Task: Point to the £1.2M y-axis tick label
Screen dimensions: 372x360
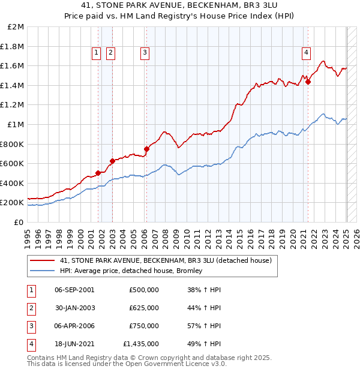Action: click(13, 105)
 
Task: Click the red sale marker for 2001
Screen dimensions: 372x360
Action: click(98, 173)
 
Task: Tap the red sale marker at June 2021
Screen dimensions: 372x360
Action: click(308, 82)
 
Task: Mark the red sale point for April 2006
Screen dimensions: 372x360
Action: click(146, 149)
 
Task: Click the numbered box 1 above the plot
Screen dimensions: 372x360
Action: click(96, 53)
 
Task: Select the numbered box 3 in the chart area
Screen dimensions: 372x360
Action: click(145, 53)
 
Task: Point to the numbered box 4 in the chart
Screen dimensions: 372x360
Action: click(306, 53)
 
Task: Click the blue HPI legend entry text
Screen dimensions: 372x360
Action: click(131, 271)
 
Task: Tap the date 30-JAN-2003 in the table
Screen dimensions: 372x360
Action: click(74, 308)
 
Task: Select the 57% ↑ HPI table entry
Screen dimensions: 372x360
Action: click(204, 326)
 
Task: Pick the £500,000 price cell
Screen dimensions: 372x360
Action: click(144, 290)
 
